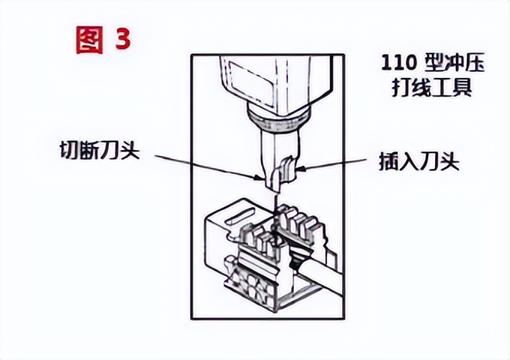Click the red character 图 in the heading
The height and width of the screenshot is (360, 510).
(x=89, y=39)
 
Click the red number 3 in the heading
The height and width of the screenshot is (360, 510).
(x=121, y=39)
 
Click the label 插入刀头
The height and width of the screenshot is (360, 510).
(x=418, y=159)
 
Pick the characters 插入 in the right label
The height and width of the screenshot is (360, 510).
(x=397, y=159)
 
